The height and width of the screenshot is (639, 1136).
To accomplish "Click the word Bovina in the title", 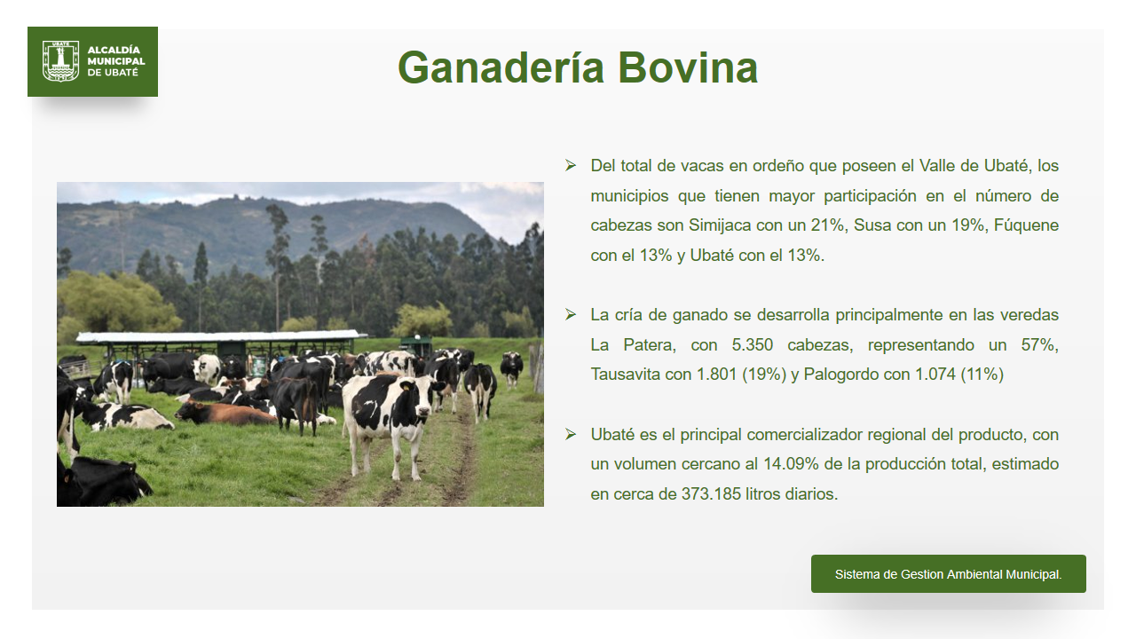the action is click(688, 67).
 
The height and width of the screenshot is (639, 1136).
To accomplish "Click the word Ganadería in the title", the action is click(501, 67).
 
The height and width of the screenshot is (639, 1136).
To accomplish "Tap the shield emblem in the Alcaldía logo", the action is click(61, 61).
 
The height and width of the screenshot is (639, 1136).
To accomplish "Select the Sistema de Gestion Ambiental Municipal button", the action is click(949, 573).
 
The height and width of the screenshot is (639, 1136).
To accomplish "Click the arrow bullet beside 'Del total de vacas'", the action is click(571, 165).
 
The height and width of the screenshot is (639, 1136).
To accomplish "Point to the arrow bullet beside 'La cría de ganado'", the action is click(571, 314).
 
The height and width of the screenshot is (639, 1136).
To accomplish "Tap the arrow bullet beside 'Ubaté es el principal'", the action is click(571, 434).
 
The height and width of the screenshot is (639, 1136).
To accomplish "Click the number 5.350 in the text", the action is click(752, 345).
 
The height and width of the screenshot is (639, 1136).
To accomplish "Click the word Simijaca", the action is click(720, 225).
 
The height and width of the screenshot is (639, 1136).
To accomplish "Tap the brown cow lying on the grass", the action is click(226, 413).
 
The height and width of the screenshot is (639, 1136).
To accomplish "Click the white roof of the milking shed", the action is click(222, 336).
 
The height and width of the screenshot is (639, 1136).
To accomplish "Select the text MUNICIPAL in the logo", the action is click(116, 61).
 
